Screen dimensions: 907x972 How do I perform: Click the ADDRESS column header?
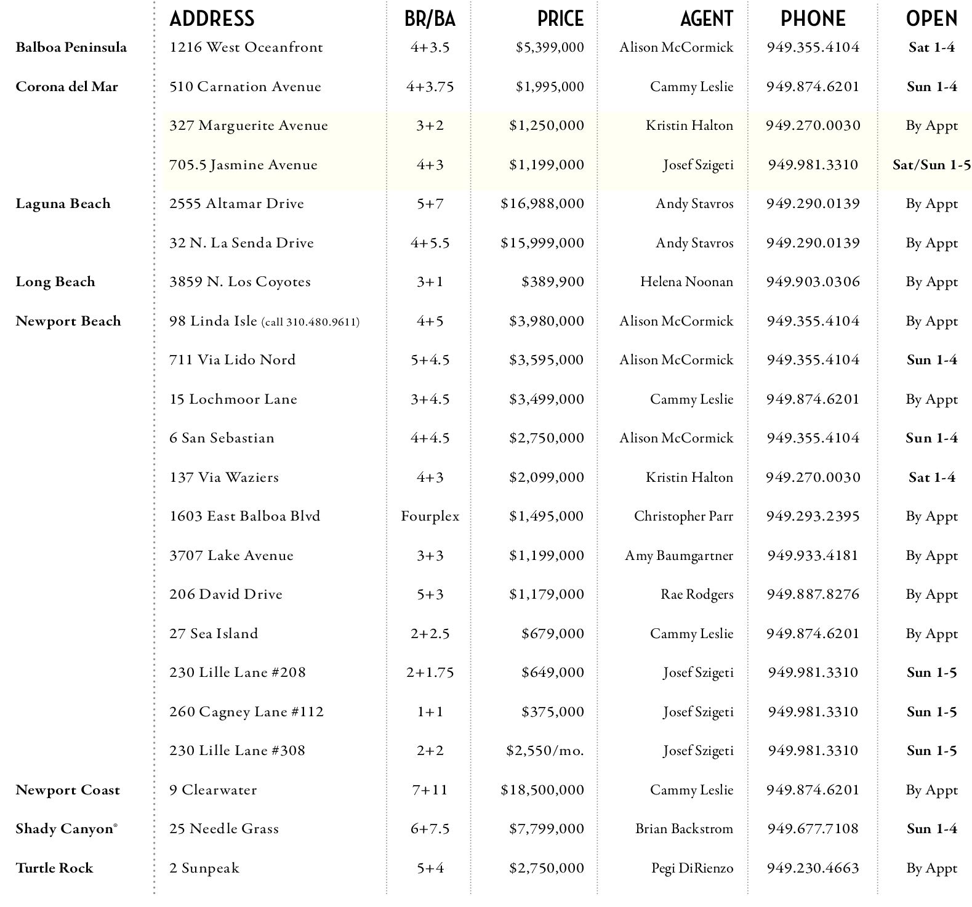coord(212,18)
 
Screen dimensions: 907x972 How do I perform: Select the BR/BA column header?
coord(430,18)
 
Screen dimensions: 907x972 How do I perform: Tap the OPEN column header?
coord(931,18)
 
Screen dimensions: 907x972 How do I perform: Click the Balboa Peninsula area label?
coord(71,47)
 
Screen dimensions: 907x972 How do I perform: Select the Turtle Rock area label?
coord(54,868)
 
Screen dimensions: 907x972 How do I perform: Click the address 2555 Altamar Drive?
coord(236,204)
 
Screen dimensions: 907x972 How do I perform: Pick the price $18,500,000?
coord(542,790)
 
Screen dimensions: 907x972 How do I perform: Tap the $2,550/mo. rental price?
coord(545,751)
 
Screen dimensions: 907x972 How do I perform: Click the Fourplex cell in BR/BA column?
coord(430,516)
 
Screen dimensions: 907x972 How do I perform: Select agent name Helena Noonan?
coord(686,282)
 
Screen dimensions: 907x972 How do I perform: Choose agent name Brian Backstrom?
coord(684,829)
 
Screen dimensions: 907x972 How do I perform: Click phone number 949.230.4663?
coord(813,868)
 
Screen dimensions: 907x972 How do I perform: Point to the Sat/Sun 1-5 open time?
coord(931,165)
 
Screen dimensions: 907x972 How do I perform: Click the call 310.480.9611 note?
coord(311,322)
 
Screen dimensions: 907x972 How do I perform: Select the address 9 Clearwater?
coord(213,790)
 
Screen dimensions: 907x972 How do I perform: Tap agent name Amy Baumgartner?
coord(679,556)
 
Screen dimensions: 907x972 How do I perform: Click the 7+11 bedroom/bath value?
coord(430,790)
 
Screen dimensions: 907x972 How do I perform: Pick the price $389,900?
coord(552,282)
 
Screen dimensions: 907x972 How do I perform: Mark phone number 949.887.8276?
coord(813,594)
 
